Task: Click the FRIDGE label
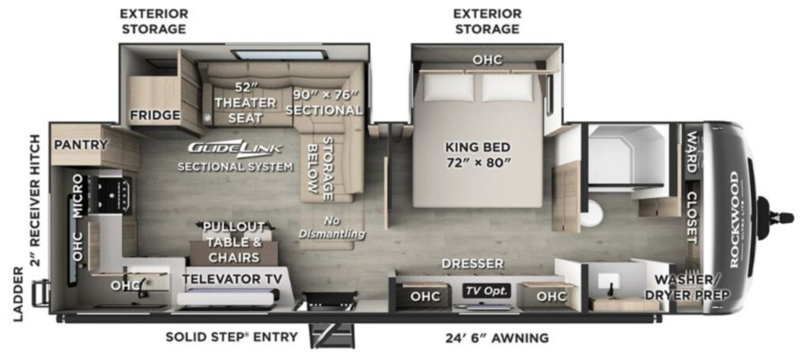pyautogui.click(x=154, y=115)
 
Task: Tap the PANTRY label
pyautogui.click(x=81, y=145)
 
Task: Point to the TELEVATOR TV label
pyautogui.click(x=232, y=279)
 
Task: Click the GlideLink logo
pyautogui.click(x=234, y=148)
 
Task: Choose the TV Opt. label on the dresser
pyautogui.click(x=486, y=291)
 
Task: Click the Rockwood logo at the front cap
pyautogui.click(x=734, y=219)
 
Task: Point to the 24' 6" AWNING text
pyautogui.click(x=497, y=339)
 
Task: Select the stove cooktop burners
pyautogui.click(x=109, y=195)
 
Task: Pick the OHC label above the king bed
pyautogui.click(x=487, y=60)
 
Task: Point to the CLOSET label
pyautogui.click(x=692, y=218)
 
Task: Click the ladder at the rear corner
pyautogui.click(x=41, y=295)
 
